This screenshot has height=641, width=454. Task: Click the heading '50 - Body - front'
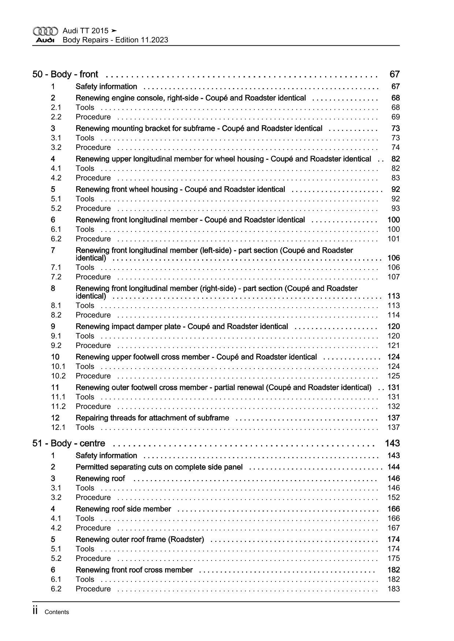click(x=65, y=74)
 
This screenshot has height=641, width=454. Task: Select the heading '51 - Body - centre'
click(x=69, y=443)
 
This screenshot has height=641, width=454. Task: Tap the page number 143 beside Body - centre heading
click(x=392, y=443)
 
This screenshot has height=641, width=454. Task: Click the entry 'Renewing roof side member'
click(x=123, y=509)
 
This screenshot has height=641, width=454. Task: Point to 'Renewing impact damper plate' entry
click(x=182, y=326)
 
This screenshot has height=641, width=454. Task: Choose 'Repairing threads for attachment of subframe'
click(x=152, y=418)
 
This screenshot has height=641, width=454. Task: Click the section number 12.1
click(x=58, y=427)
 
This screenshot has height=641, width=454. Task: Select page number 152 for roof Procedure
click(x=394, y=497)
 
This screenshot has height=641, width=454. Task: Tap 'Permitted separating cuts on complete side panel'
click(x=159, y=467)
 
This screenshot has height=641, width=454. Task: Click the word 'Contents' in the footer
click(x=56, y=612)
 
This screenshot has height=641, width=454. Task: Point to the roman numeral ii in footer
click(x=36, y=611)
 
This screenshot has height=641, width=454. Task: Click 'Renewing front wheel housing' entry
click(x=180, y=189)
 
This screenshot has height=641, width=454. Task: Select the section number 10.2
click(x=58, y=376)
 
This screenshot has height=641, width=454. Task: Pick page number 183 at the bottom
click(x=394, y=589)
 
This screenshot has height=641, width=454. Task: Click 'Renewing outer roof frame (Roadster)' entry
click(x=139, y=539)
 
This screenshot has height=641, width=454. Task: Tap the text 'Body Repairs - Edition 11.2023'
click(x=115, y=40)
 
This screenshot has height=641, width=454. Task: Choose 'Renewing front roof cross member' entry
click(x=134, y=570)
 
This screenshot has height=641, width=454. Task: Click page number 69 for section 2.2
click(x=395, y=117)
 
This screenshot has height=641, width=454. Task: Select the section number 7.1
click(x=56, y=267)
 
